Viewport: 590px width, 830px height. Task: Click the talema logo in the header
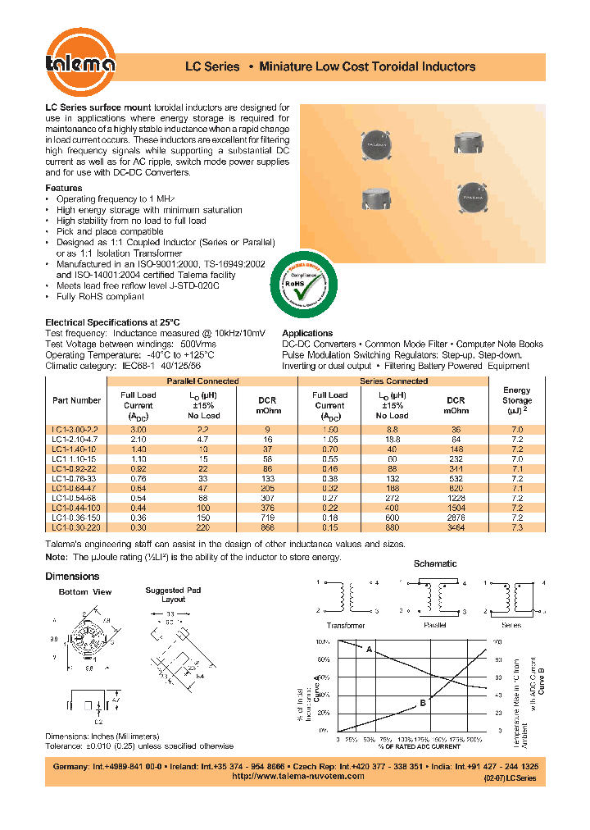point(79,64)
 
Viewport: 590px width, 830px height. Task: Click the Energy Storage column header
point(516,400)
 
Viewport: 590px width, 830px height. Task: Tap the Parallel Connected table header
point(202,381)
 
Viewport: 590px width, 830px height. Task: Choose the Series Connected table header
point(393,381)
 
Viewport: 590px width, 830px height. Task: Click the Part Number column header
point(76,400)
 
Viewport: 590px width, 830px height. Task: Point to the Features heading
point(63,189)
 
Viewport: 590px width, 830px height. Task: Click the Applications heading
point(306,333)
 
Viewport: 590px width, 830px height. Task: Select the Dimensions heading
point(72,576)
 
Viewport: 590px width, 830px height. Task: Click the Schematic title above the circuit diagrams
point(435,563)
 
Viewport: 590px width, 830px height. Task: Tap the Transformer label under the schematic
point(346,625)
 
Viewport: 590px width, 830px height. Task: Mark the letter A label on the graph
point(369,650)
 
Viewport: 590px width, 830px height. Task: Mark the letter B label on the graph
point(424,702)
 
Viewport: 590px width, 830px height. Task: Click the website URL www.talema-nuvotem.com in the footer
point(297,776)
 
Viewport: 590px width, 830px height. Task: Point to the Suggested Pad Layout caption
point(173,595)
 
